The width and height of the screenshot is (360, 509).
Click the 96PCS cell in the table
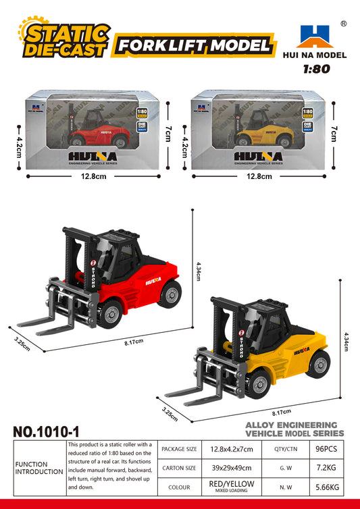(x=322, y=448)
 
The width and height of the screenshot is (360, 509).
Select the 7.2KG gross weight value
(x=322, y=467)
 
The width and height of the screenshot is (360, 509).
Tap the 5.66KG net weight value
(x=322, y=487)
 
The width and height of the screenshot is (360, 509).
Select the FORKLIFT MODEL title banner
(x=195, y=46)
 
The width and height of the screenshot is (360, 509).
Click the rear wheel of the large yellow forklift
(x=317, y=363)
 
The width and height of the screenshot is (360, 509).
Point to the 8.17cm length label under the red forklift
(x=134, y=342)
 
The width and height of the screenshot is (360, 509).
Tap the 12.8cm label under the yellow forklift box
(x=259, y=177)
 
